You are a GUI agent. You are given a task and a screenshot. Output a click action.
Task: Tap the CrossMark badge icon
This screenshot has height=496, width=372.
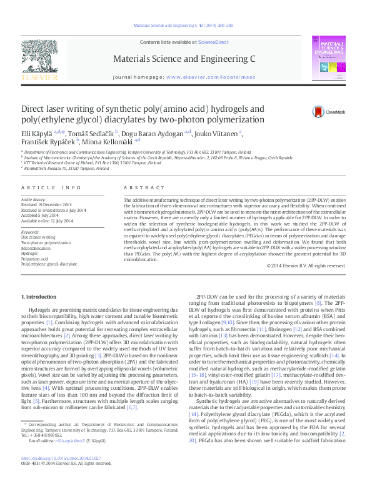point(319,112)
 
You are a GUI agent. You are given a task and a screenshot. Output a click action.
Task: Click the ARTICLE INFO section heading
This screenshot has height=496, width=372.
point(51,187)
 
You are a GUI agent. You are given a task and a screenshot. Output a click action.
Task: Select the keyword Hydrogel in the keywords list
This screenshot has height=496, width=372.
point(30,253)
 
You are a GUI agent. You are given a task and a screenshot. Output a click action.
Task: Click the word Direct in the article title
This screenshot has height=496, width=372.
point(36,107)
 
